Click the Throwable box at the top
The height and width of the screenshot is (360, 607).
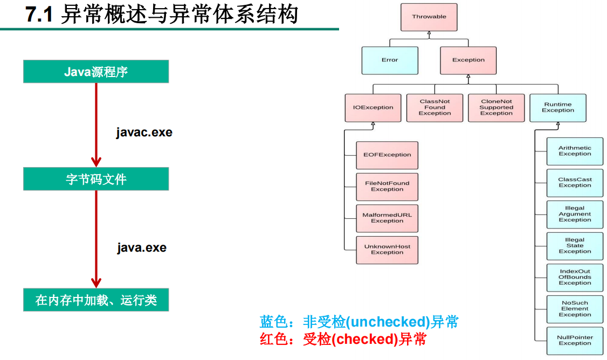(x=429, y=17)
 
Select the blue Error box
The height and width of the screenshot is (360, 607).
(x=390, y=60)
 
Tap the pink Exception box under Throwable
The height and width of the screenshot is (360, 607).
(x=468, y=60)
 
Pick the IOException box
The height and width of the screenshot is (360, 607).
(x=373, y=107)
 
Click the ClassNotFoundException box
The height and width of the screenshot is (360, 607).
(x=434, y=107)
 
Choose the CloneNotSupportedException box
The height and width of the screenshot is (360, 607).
(x=496, y=107)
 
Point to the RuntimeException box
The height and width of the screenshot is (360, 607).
(x=558, y=107)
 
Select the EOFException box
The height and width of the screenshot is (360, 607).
(x=387, y=155)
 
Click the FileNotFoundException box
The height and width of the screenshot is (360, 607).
(x=387, y=186)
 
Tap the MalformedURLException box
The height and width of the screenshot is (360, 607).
(x=387, y=218)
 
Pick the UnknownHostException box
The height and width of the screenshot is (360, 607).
(x=387, y=250)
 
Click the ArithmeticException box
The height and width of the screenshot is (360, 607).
(x=575, y=151)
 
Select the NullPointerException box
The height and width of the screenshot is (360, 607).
(x=575, y=341)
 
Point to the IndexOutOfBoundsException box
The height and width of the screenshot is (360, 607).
(x=575, y=277)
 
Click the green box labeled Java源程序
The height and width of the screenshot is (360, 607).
(x=96, y=72)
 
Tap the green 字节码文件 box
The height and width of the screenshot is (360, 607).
(x=96, y=179)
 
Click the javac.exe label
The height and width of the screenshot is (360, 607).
(x=144, y=133)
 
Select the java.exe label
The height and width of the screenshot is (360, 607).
(x=142, y=248)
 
